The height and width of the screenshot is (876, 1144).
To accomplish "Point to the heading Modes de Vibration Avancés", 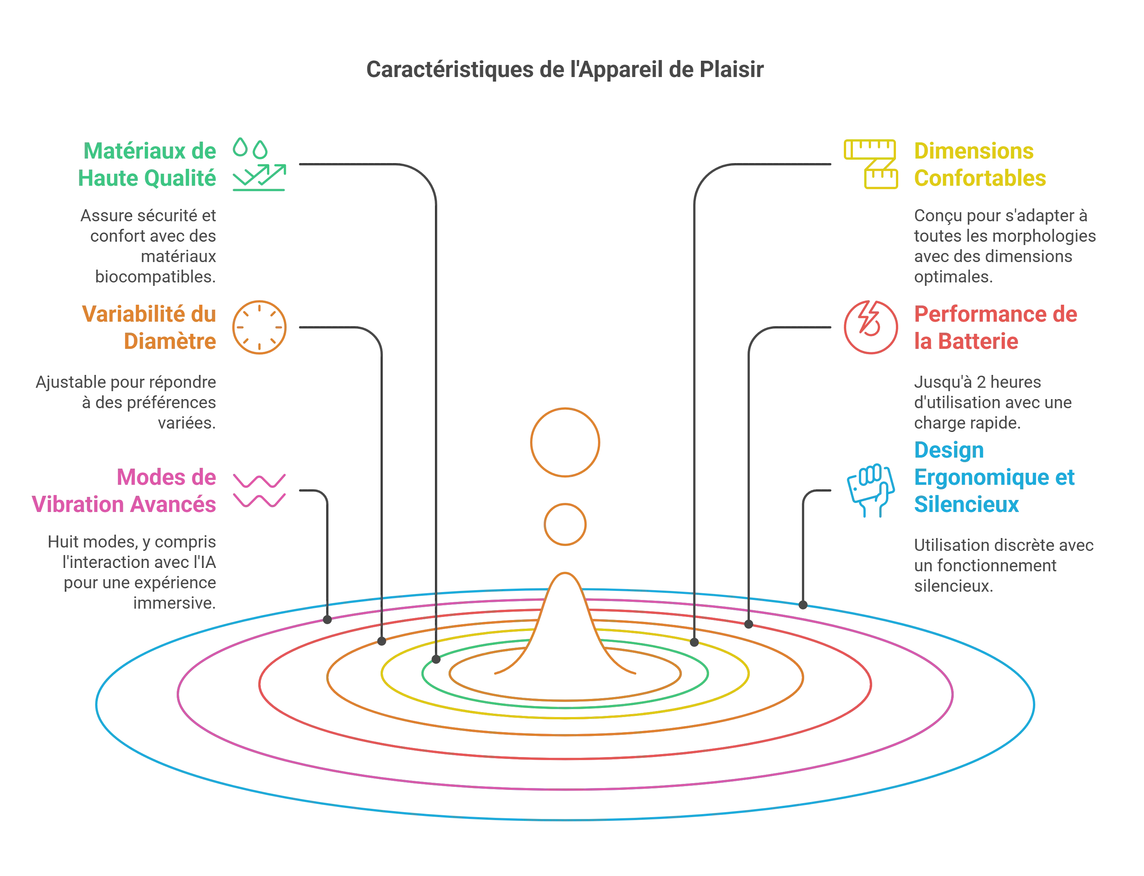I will (125, 491).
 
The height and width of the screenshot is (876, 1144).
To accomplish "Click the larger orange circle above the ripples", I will (565, 442).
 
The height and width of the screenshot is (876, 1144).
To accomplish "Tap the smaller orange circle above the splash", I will (565, 524).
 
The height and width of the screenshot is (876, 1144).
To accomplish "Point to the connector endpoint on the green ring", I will (436, 660).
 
